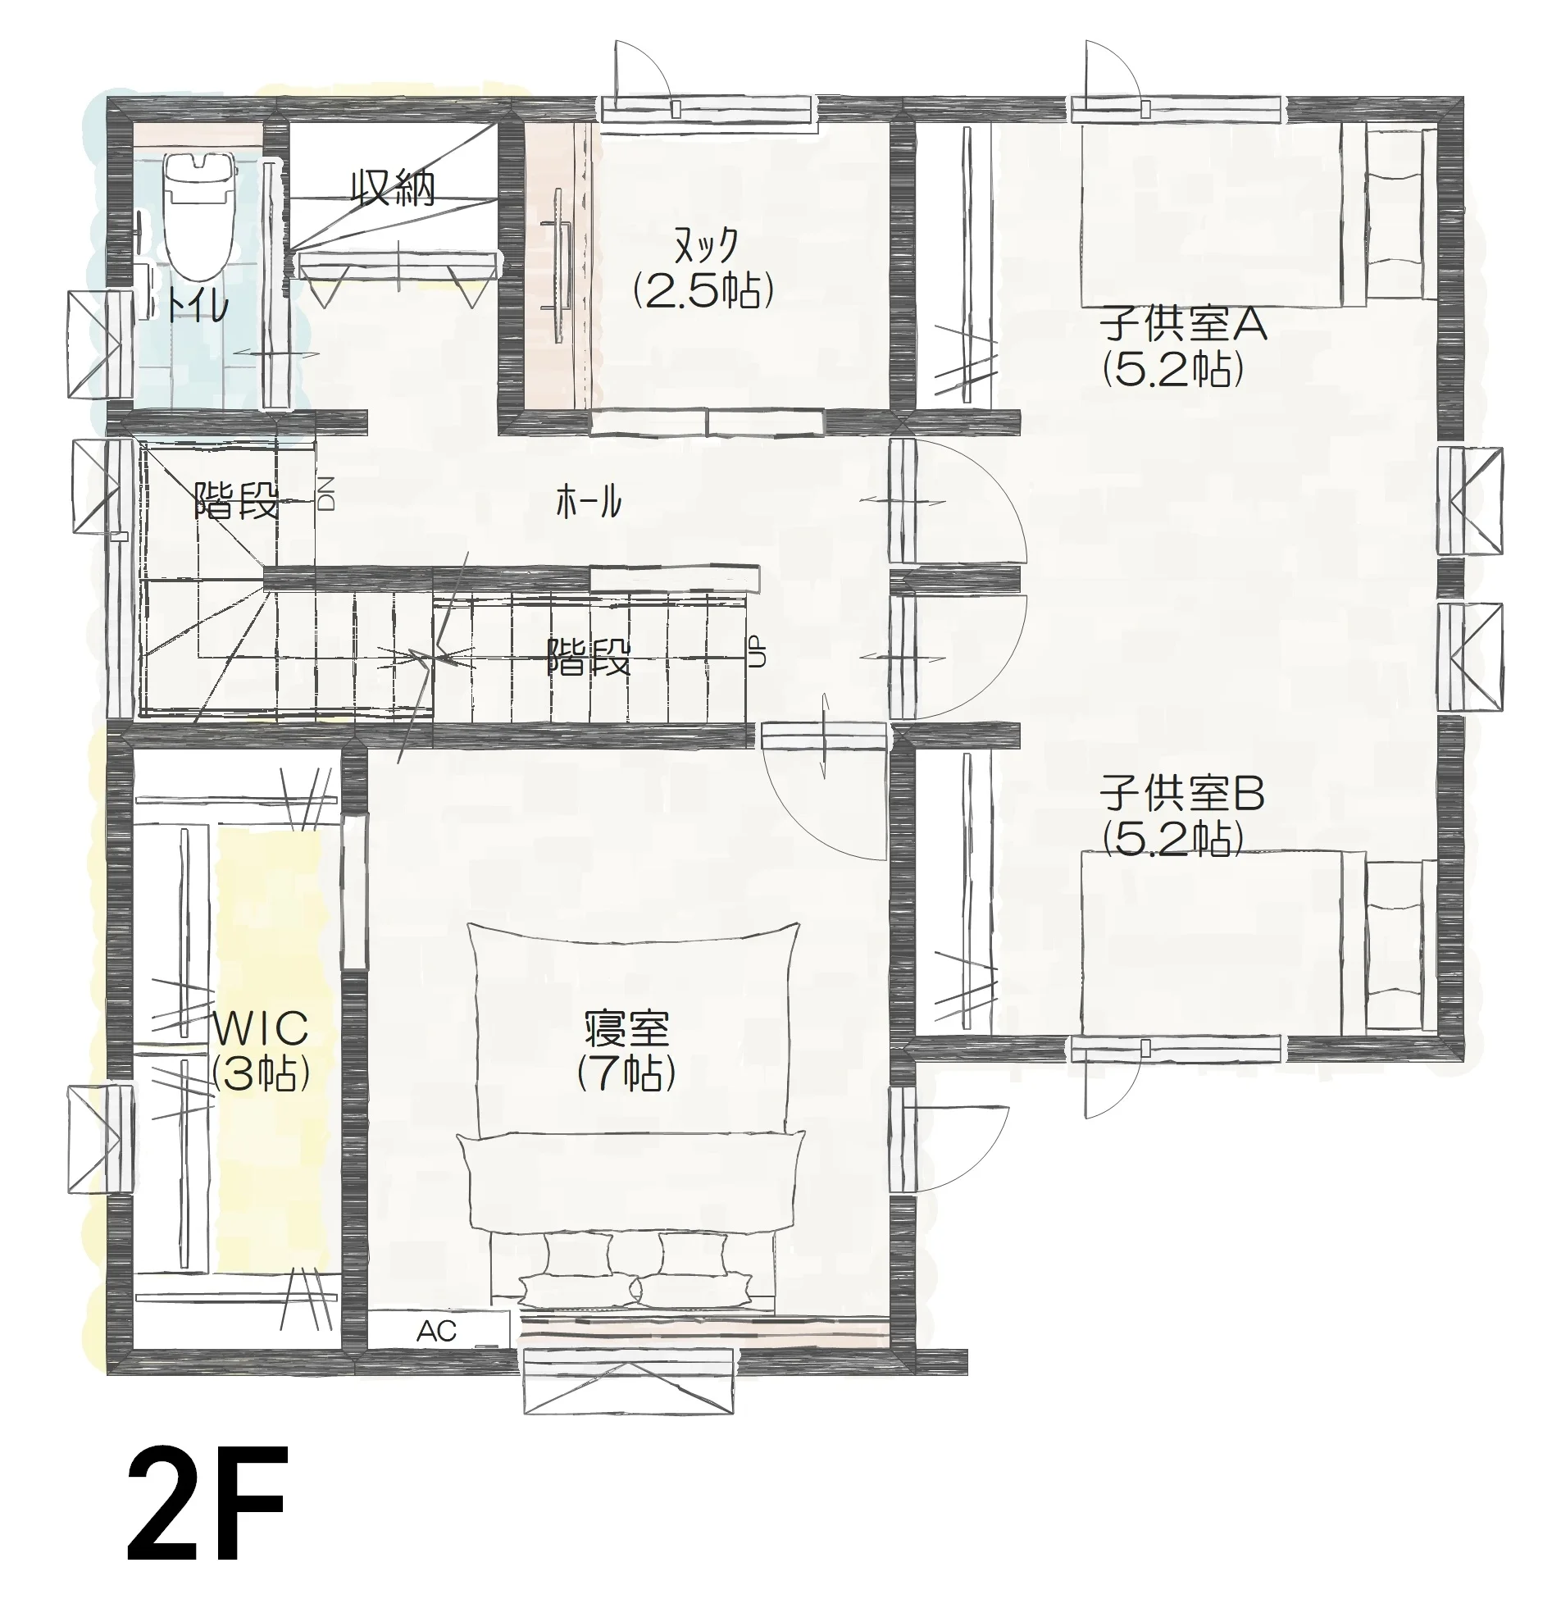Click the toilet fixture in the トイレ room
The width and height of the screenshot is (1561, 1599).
coord(199,217)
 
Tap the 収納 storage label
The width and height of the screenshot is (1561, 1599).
coord(393,188)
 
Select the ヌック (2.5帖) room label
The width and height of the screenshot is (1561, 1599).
coord(704,266)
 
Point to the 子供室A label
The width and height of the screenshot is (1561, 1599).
coord(1184,324)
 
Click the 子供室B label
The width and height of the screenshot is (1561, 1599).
coord(1182,794)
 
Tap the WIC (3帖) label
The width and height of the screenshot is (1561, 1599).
coord(261,1050)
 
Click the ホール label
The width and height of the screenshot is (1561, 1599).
coord(589,501)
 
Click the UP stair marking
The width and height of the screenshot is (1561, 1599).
coord(758,651)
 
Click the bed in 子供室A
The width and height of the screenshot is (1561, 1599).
coord(1258,214)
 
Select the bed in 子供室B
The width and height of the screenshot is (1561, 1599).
coord(1258,943)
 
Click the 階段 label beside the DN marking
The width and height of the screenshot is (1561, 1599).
coord(236,501)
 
